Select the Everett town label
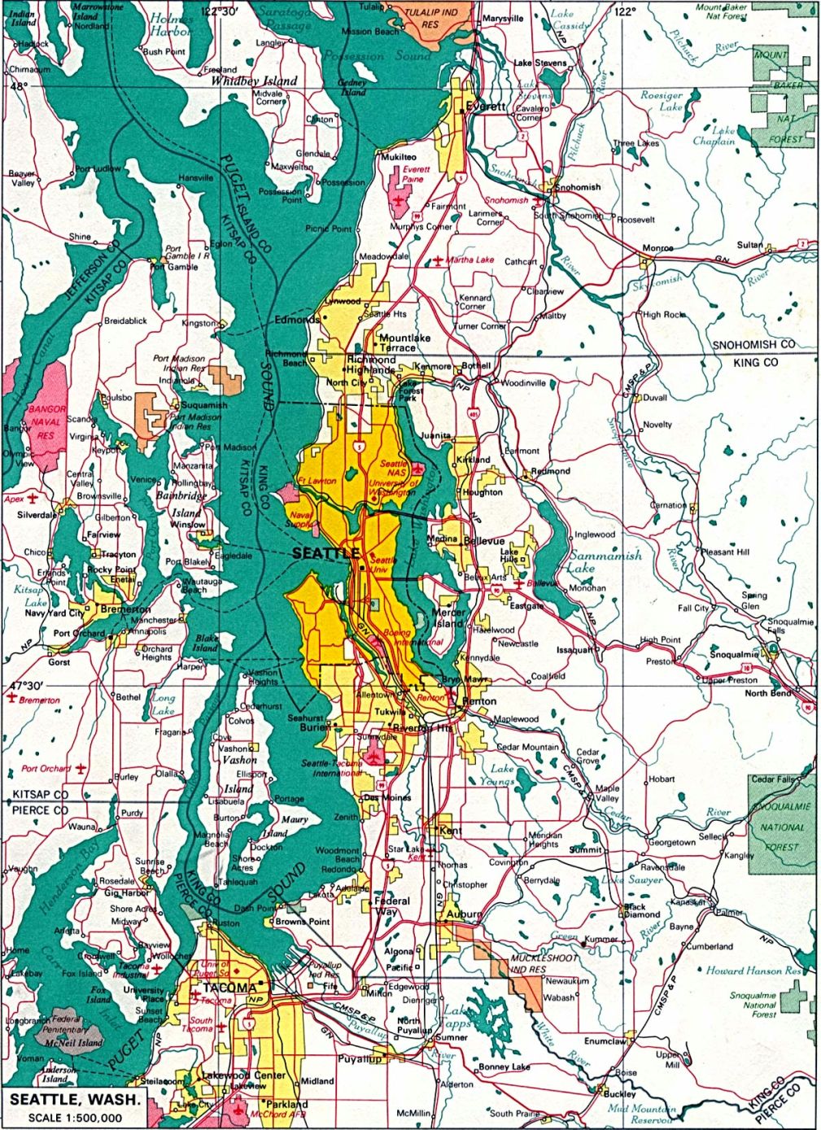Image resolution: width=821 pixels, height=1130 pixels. pyautogui.click(x=486, y=107)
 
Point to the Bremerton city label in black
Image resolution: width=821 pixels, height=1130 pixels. pyautogui.click(x=125, y=609)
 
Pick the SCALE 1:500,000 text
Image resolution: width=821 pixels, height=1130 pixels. pyautogui.click(x=75, y=1118)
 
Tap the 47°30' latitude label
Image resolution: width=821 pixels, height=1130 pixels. pyautogui.click(x=24, y=686)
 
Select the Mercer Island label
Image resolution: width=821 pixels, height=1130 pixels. pyautogui.click(x=448, y=617)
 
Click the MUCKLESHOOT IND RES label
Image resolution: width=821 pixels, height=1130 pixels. pyautogui.click(x=544, y=964)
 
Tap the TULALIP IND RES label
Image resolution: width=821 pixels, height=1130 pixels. pyautogui.click(x=431, y=18)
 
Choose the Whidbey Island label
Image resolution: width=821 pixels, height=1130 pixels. pyautogui.click(x=254, y=81)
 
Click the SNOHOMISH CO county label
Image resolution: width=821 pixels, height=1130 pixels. pyautogui.click(x=753, y=345)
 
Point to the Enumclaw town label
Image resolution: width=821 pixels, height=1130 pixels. pyautogui.click(x=605, y=1041)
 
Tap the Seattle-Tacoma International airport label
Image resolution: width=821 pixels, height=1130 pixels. pyautogui.click(x=333, y=768)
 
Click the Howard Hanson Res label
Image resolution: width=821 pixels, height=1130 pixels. pyautogui.click(x=753, y=971)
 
